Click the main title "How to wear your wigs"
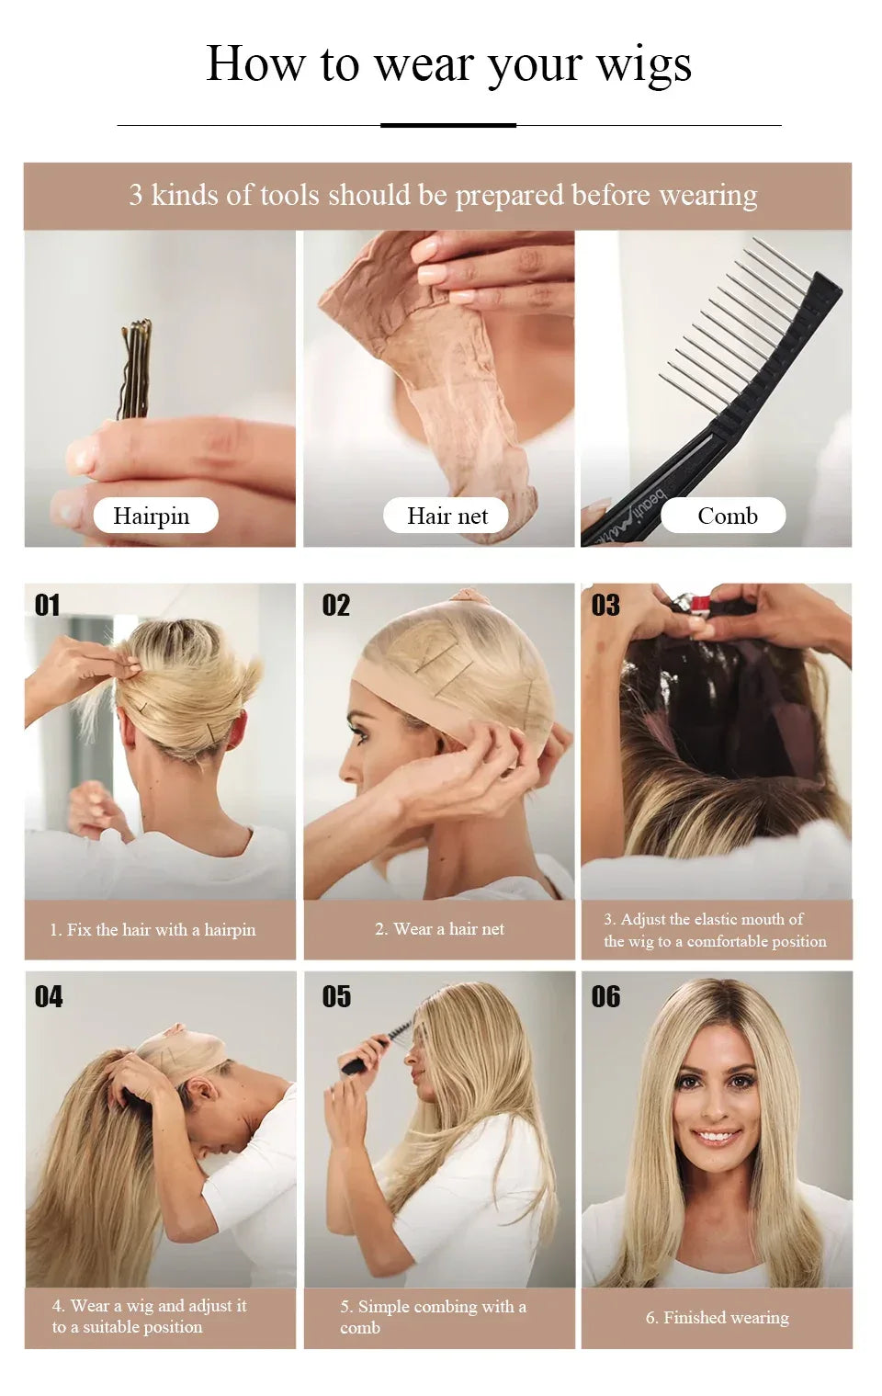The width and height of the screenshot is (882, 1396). point(448,63)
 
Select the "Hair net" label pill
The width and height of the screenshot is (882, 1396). point(447,516)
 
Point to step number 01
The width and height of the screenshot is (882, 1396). point(47,605)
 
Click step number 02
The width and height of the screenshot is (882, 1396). point(335,605)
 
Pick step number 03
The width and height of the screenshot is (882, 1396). point(605,605)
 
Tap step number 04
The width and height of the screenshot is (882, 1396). point(49,996)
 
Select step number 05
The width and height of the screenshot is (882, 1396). point(336,996)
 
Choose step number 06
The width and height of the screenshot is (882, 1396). point(605,996)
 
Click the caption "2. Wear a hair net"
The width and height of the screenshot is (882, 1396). point(439,929)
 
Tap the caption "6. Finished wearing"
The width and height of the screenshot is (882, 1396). point(717,1318)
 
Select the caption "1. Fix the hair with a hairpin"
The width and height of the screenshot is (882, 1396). point(153,930)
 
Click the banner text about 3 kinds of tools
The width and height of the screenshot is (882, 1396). point(443,195)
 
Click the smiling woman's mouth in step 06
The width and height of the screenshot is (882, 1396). point(716,1137)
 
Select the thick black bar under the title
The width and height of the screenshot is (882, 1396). point(448,125)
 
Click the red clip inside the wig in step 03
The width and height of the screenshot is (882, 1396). point(700,604)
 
